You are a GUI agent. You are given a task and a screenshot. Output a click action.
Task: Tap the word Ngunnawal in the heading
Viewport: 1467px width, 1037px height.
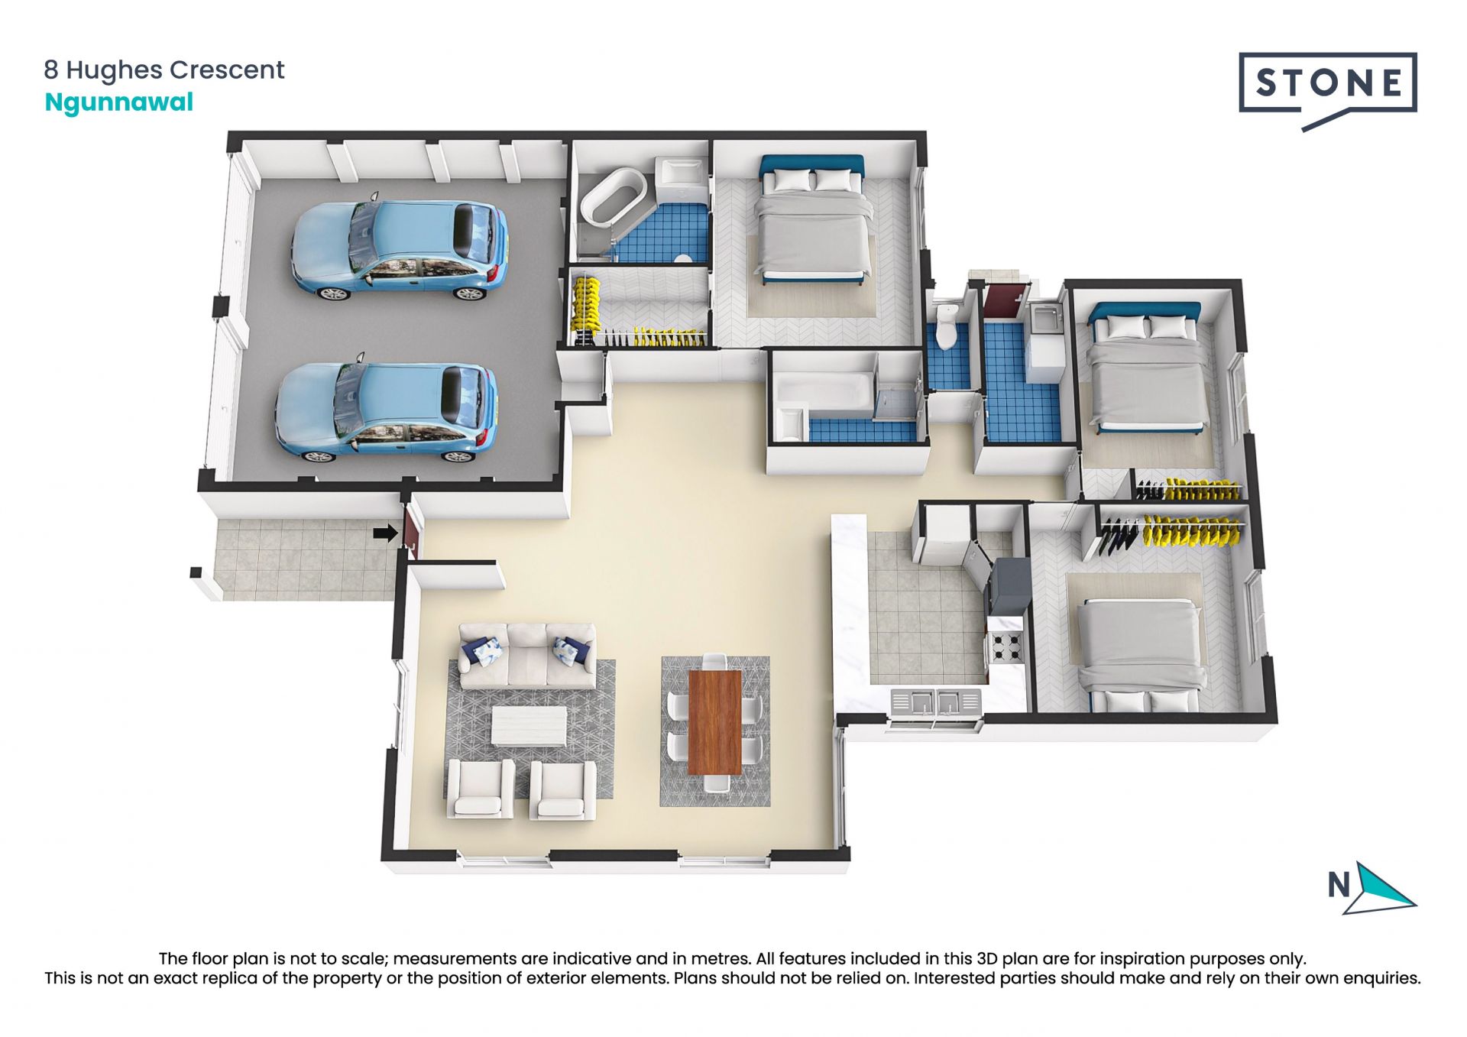119,102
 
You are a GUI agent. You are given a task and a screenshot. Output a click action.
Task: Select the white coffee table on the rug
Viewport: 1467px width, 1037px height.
529,725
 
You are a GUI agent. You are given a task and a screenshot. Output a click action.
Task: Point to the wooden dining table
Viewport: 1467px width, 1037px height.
715,721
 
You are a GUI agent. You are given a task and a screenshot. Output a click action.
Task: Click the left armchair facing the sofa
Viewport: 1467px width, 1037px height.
480,789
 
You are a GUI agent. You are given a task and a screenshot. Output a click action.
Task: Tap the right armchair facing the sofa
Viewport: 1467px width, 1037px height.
562,790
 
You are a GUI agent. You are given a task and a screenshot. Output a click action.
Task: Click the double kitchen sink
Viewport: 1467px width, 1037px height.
936,703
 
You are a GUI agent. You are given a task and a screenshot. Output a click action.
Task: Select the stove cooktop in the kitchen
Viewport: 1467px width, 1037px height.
1006,648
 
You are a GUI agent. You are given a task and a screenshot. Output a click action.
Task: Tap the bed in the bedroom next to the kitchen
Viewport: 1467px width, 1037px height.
1141,657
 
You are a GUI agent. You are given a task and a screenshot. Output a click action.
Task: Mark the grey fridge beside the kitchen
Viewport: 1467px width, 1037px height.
1009,586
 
